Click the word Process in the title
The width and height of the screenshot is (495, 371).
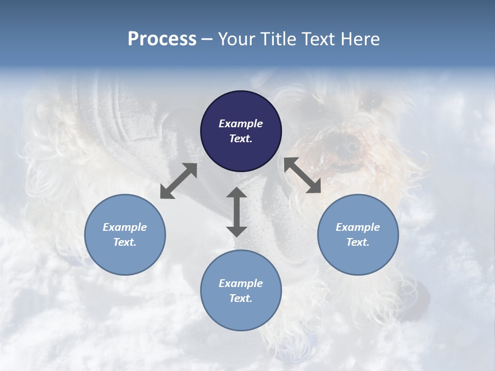[162, 39]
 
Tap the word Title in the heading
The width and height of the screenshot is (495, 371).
[278, 39]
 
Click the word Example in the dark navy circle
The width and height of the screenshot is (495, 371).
[241, 124]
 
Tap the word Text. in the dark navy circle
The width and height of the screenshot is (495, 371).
[241, 139]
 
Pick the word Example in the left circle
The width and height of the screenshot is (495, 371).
[125, 227]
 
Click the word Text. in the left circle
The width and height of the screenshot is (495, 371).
[125, 242]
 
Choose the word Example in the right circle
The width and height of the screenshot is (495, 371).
[358, 227]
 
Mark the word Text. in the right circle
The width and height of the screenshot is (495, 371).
[358, 242]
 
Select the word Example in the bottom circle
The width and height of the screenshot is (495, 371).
[241, 283]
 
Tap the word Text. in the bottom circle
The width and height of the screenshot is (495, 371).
[241, 298]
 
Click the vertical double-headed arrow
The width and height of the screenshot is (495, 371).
[237, 212]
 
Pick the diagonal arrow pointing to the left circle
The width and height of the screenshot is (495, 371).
[178, 181]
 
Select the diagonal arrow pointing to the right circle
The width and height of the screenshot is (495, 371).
[302, 175]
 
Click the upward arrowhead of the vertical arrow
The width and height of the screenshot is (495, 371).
[237, 193]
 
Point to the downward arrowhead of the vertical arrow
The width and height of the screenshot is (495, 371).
[237, 231]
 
